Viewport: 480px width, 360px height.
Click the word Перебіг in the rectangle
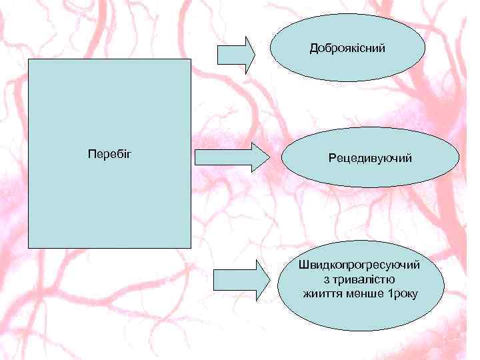point(110,155)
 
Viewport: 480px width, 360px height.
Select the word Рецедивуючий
point(370,159)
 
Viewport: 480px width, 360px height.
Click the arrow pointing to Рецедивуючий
point(232,157)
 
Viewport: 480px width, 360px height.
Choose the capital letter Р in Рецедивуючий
point(332,159)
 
